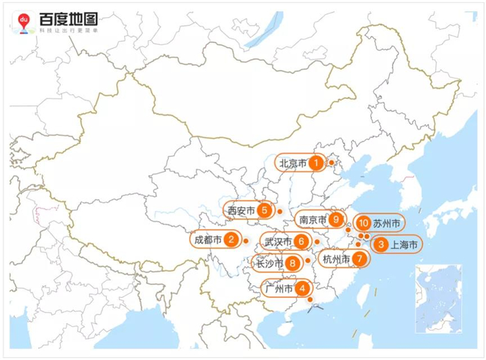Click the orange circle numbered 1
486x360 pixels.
point(315,163)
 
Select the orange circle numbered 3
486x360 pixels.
point(380,245)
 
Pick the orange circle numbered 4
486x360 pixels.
point(302,289)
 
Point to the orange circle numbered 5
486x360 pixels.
point(264,211)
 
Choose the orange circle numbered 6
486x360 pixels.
point(301,242)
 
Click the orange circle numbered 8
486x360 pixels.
point(293,263)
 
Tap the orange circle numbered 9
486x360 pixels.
point(335,220)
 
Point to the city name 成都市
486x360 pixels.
point(208,240)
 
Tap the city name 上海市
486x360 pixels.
point(404,245)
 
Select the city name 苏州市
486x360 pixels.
point(387,224)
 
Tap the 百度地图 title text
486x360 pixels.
point(67,19)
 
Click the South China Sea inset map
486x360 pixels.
point(439,299)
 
